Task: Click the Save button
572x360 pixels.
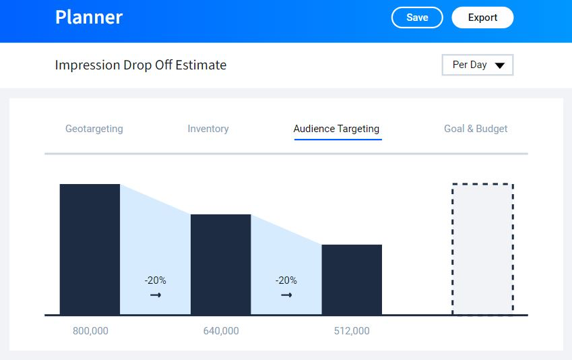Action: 417,18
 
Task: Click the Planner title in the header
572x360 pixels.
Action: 89,18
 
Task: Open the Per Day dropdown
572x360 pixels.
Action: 478,65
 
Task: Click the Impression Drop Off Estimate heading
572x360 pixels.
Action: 141,65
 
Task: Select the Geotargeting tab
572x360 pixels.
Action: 94,129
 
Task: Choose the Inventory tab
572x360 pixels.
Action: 208,129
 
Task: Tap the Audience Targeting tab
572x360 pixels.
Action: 337,129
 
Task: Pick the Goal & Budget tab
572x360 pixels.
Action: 476,129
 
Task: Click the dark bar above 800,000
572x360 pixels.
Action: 90,249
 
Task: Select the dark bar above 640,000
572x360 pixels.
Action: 221,264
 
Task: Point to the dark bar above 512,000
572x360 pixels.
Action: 352,279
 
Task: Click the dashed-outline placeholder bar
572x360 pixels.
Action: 482,249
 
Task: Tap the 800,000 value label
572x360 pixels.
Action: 90,331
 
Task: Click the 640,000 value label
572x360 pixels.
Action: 221,331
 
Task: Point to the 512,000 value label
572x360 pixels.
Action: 352,331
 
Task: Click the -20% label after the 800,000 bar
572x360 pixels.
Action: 155,280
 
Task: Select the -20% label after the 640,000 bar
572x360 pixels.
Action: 286,280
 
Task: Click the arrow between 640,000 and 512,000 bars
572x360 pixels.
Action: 286,295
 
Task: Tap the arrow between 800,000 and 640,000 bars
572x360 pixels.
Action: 156,295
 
